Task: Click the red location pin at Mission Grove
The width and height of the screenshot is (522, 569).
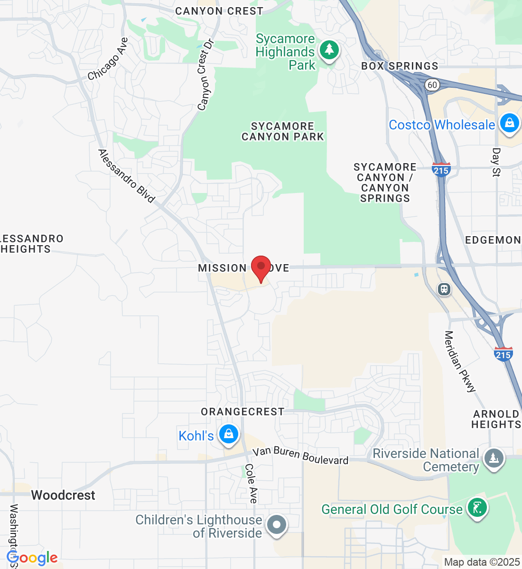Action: [x=261, y=268]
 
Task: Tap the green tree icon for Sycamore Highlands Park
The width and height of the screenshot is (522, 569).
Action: [x=329, y=50]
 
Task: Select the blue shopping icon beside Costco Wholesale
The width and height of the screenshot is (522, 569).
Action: [x=509, y=123]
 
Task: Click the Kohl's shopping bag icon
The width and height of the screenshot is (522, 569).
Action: [x=229, y=434]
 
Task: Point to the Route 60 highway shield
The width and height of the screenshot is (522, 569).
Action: [x=432, y=85]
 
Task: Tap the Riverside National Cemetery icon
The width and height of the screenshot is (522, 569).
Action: [x=494, y=458]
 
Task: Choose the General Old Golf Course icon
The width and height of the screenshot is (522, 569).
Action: [x=476, y=508]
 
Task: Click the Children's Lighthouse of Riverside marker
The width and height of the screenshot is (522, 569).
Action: [x=277, y=525]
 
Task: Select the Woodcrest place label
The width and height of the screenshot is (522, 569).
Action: [x=63, y=495]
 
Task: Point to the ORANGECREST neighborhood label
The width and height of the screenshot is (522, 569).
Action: [x=242, y=412]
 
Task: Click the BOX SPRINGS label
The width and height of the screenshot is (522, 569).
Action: [x=400, y=66]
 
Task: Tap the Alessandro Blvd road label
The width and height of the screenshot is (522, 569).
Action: [x=126, y=176]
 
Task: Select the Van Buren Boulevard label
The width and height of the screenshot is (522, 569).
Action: [x=300, y=455]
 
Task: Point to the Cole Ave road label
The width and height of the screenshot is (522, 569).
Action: [x=251, y=483]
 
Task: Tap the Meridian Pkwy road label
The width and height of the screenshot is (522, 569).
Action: [x=459, y=362]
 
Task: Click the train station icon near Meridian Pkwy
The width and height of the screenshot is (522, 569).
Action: [x=444, y=289]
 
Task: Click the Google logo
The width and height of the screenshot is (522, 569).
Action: [x=32, y=558]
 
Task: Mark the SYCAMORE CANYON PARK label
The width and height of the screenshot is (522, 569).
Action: [x=282, y=131]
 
